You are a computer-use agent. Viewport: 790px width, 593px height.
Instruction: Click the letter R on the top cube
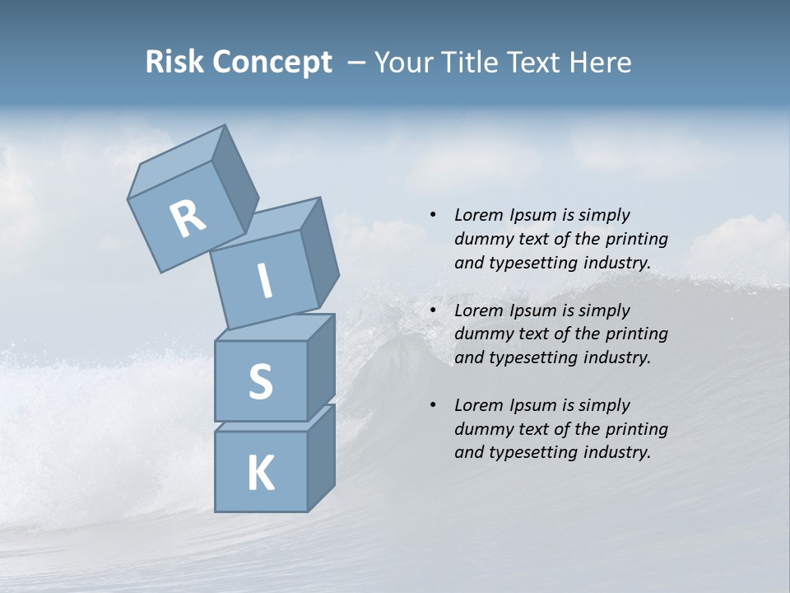[188, 217]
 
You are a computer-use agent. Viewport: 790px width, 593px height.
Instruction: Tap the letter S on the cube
[260, 381]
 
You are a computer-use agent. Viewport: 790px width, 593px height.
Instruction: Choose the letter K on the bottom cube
[260, 473]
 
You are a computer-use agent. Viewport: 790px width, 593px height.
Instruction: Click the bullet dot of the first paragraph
[433, 215]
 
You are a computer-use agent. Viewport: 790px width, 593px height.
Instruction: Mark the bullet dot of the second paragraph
[433, 311]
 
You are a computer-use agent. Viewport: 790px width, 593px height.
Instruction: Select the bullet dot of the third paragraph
[433, 405]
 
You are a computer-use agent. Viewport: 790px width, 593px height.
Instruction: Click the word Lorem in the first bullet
[479, 215]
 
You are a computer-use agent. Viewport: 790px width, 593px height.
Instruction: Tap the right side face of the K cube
[321, 458]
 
